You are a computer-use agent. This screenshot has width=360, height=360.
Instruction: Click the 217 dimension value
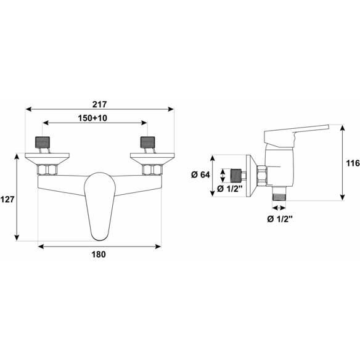[x=100, y=104]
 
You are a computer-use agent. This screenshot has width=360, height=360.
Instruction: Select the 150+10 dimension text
[x=92, y=118]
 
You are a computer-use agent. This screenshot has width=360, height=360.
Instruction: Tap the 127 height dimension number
[x=7, y=199]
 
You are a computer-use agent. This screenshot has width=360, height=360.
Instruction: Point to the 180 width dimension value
[x=99, y=255]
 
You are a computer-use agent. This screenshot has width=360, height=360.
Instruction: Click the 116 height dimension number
[x=353, y=163]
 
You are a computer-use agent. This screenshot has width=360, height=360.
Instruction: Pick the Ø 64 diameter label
[x=200, y=174]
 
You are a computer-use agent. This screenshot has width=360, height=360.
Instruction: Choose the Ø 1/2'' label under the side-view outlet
[x=280, y=219]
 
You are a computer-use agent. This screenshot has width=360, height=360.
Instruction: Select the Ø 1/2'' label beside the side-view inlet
[x=230, y=189]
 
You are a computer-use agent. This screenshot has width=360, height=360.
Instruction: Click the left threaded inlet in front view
[x=43, y=142]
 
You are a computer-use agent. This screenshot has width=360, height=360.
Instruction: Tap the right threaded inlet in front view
[x=147, y=142]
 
